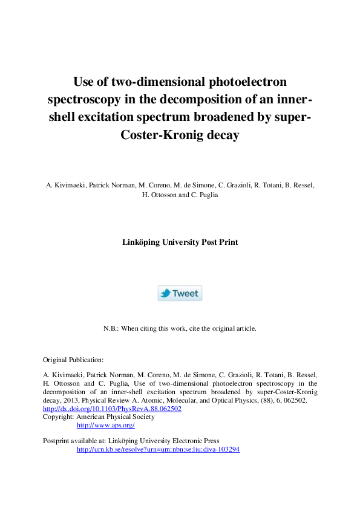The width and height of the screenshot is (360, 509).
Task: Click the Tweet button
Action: (180, 293)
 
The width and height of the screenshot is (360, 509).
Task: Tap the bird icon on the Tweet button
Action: (165, 293)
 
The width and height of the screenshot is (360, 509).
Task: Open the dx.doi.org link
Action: (112, 409)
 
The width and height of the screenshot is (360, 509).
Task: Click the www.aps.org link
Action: (105, 425)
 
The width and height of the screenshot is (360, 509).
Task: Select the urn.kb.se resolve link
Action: (158, 449)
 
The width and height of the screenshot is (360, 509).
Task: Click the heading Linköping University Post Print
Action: (180, 242)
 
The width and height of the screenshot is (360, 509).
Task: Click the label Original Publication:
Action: (73, 359)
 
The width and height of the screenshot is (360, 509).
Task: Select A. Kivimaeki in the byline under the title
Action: (65, 184)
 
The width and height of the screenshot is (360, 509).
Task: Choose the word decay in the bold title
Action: (223, 135)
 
